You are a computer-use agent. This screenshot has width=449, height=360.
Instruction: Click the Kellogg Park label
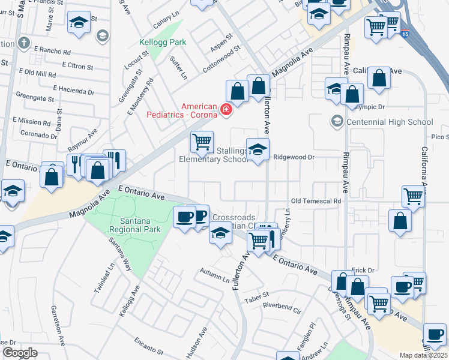(x=163, y=43)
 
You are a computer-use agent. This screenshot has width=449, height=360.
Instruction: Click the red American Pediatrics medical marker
(x=226, y=109)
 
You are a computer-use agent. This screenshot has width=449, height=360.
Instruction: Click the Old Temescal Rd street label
(x=316, y=201)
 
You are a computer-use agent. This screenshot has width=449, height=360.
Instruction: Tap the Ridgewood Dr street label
(x=294, y=157)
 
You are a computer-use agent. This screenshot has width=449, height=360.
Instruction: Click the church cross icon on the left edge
(x=23, y=43)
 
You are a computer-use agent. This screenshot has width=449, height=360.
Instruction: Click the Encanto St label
(x=148, y=346)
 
